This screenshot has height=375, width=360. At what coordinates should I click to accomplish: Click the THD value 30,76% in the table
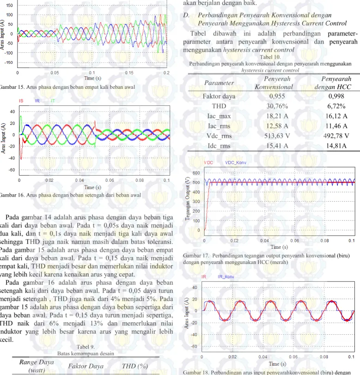(x=277, y=106)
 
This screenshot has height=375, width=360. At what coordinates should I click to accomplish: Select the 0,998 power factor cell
(x=336, y=96)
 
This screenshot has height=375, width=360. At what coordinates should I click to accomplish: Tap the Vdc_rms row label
(x=219, y=136)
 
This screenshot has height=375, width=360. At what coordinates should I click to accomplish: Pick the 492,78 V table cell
(x=336, y=136)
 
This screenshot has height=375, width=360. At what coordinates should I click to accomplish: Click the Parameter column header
(x=219, y=83)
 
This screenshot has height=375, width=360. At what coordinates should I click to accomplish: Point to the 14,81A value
(x=336, y=146)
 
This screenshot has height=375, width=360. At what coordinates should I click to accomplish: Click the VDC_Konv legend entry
(x=236, y=163)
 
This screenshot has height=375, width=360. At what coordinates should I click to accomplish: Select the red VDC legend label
(x=208, y=163)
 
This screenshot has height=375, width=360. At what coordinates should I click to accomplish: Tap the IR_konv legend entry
(x=226, y=277)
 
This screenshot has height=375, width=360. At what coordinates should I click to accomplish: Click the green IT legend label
(x=53, y=101)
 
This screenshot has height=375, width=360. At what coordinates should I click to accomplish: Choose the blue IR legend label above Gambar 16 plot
(x=37, y=101)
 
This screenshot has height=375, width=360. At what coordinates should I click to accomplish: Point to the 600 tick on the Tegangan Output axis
(x=196, y=173)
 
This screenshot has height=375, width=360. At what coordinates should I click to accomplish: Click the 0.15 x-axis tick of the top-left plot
(x=129, y=73)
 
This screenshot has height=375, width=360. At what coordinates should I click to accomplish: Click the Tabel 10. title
(x=270, y=57)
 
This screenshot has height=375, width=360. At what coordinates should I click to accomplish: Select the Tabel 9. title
(x=85, y=347)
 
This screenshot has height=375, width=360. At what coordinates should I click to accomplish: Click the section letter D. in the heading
(x=186, y=15)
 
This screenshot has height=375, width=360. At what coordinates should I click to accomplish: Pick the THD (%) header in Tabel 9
(x=135, y=366)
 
